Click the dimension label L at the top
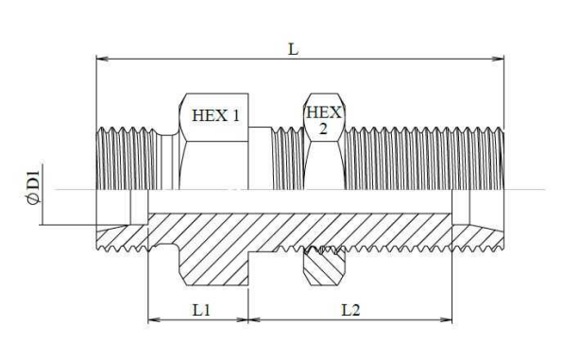293,49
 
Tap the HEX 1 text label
215,115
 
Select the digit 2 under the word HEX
323,129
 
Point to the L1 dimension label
201,310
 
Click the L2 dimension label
350,310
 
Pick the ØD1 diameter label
33,187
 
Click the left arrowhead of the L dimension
103,59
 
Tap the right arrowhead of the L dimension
498,59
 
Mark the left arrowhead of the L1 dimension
155,319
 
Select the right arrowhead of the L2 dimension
446,319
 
